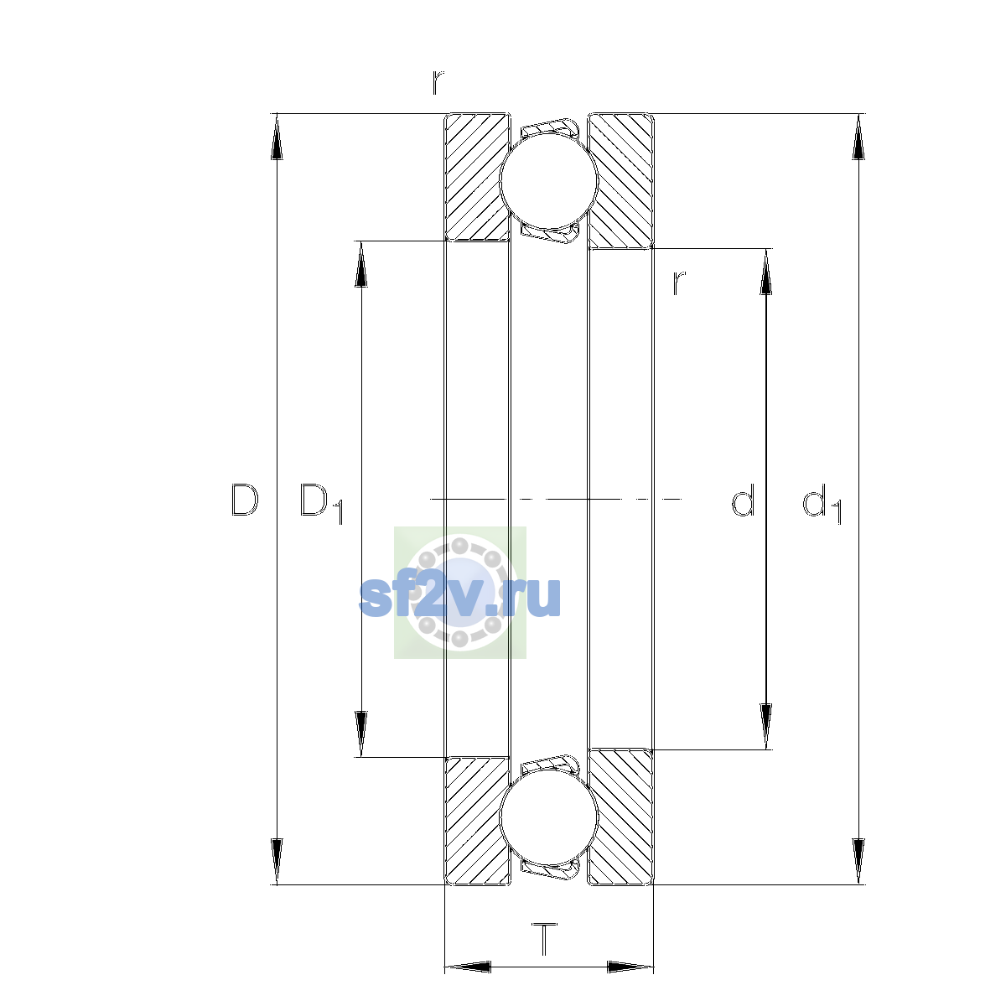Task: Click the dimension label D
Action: (x=245, y=500)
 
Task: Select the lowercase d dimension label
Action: (x=743, y=500)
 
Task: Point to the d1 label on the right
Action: (x=822, y=503)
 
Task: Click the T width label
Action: (x=545, y=954)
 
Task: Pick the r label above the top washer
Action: (x=438, y=82)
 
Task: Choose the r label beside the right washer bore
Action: (x=679, y=283)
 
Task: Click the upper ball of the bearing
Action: (x=548, y=180)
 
